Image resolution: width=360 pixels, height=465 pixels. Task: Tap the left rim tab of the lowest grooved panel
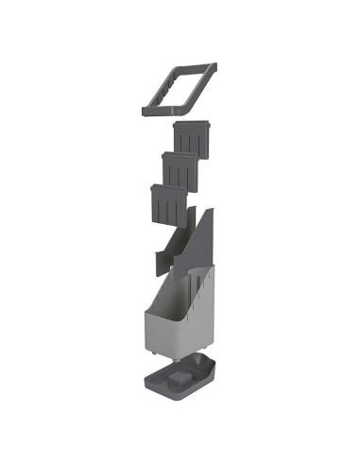pos(152,189)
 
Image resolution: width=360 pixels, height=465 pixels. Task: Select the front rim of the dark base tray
pos(170,391)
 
